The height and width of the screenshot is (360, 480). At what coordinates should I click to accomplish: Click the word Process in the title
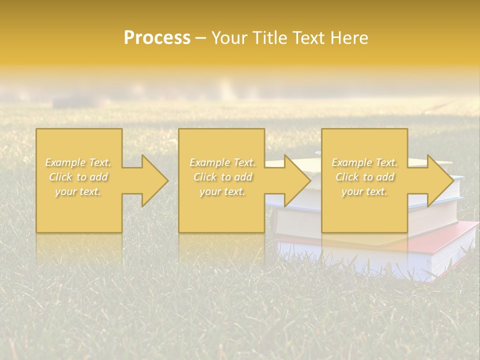coord(157,38)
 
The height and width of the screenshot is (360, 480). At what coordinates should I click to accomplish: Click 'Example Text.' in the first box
coord(78,162)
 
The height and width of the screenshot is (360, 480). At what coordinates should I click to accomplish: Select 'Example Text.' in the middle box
coord(222,162)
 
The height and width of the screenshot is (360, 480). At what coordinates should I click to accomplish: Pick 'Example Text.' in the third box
coord(364,162)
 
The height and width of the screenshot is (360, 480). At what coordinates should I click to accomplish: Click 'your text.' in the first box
coord(78,191)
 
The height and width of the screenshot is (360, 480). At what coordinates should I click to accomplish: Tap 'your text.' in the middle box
coord(222,191)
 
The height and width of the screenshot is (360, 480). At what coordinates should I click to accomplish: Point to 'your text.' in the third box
coord(364,191)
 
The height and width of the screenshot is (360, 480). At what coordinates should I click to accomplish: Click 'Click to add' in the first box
coord(78,177)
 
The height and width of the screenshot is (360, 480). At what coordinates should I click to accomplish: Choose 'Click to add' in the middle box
coord(222,177)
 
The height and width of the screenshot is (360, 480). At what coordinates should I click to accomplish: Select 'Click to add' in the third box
coord(364,177)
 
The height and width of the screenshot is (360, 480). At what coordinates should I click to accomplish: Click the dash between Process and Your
coord(200,38)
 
